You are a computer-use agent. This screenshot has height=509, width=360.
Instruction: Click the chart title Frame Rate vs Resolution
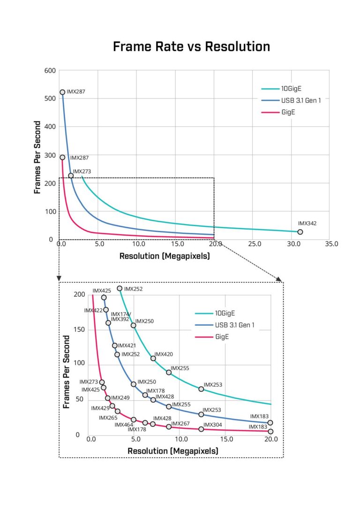[x=191, y=47]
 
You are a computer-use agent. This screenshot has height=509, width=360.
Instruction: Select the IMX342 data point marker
[x=300, y=232]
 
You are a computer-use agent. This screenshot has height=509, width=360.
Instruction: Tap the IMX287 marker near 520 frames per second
[x=62, y=92]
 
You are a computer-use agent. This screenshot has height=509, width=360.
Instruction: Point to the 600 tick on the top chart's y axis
[x=50, y=71]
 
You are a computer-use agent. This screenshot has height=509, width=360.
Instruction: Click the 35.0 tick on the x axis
[x=330, y=244]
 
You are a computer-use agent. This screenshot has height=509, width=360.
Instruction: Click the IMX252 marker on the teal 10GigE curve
[x=120, y=289]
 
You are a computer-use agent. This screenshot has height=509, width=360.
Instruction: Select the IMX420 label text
[x=164, y=354]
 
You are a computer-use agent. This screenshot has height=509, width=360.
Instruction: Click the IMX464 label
[x=124, y=425]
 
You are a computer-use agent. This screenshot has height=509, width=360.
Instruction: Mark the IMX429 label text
[x=100, y=408]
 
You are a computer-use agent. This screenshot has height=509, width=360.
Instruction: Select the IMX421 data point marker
[x=115, y=345]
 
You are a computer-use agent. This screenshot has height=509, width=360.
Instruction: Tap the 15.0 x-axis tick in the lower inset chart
[x=226, y=440]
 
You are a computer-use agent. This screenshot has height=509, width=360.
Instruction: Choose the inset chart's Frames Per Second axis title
[x=67, y=371]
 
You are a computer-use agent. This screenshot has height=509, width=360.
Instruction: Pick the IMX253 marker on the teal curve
[x=201, y=389]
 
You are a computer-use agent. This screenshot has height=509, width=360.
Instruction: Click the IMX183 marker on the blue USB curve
[x=270, y=423]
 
